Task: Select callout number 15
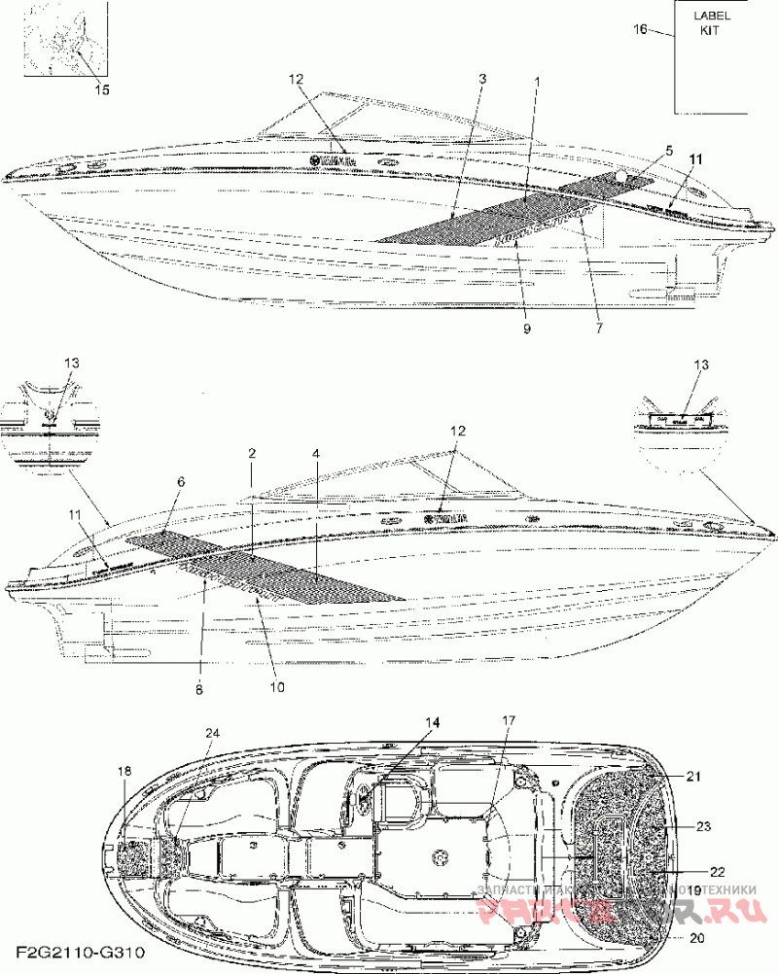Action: point(101,89)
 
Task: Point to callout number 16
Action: point(640,29)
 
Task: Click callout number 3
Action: point(482,78)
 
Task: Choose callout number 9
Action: point(526,330)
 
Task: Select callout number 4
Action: point(315,454)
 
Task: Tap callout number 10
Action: point(276,686)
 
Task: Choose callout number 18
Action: point(124,771)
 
